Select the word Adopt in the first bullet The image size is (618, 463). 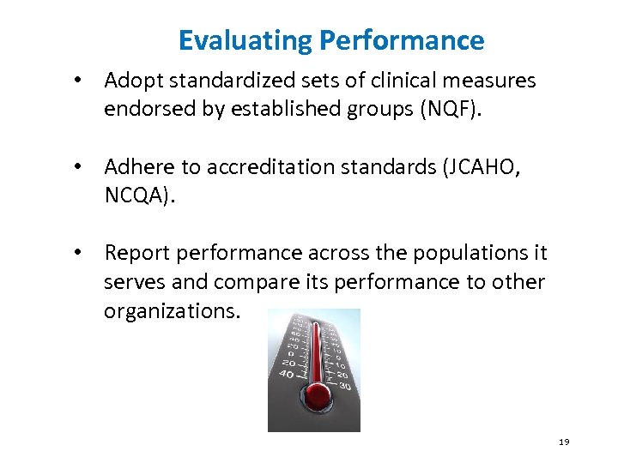[x=130, y=81]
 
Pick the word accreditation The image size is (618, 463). [x=271, y=168]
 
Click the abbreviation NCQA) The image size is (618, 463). [x=138, y=196]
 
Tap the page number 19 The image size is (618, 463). [x=564, y=442]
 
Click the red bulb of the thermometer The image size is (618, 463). [x=318, y=394]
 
